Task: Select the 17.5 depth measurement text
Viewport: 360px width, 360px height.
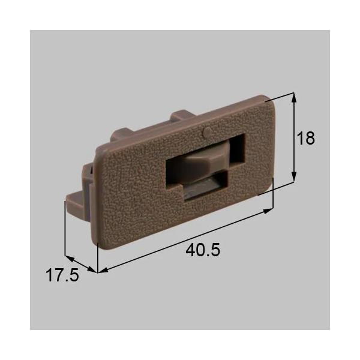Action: coord(62,276)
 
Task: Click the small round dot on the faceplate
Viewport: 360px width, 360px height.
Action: coord(206,130)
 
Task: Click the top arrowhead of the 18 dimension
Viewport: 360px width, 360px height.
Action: coord(294,96)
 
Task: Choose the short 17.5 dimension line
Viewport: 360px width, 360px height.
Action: coord(81,265)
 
